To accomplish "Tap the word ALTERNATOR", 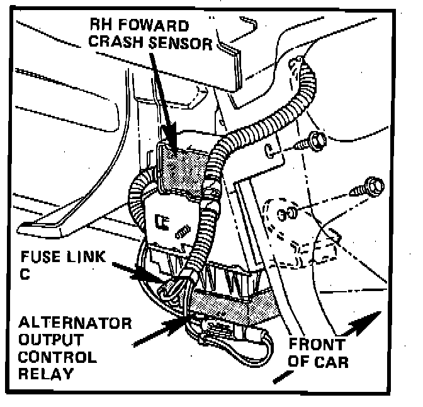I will (76, 324).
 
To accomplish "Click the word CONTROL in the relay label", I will (56, 357).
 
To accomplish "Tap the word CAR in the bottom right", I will (333, 362).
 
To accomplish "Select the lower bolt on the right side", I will (373, 185).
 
